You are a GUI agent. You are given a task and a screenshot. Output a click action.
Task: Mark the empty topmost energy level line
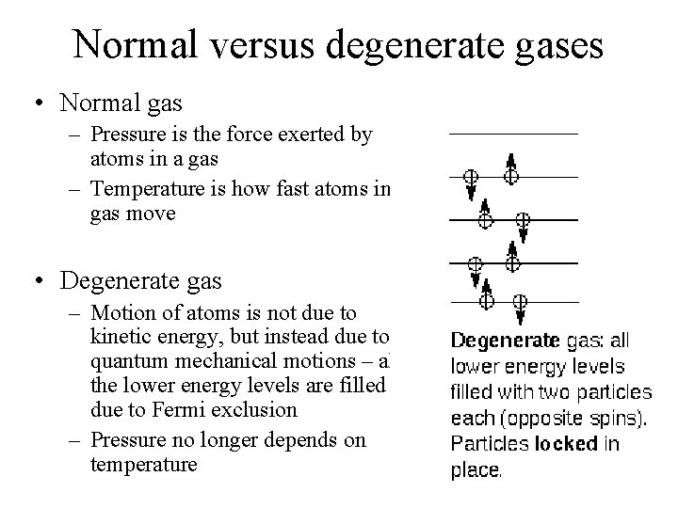(x=512, y=133)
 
